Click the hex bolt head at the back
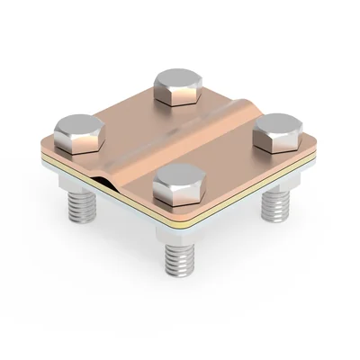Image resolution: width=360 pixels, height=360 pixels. click(x=175, y=86)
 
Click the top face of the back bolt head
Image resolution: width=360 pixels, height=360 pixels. click(x=175, y=78)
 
